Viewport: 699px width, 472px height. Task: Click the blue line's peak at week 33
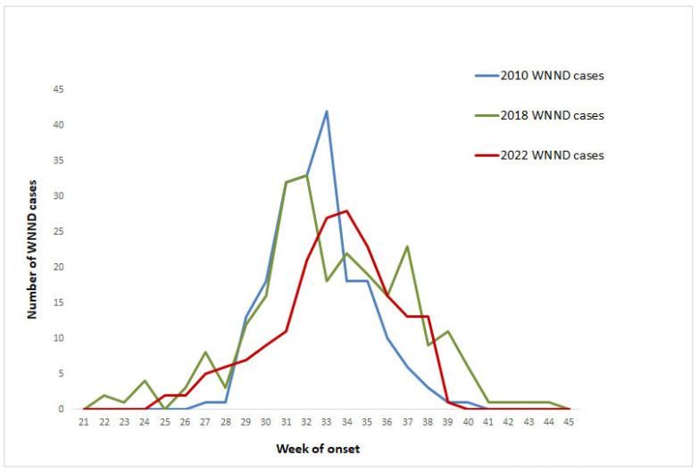coord(327,112)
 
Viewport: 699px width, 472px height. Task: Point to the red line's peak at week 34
coord(346,211)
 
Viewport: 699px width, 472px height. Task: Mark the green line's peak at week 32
coord(306,175)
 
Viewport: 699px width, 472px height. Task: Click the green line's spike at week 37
coord(407,246)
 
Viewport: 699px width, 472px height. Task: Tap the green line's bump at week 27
coord(205,352)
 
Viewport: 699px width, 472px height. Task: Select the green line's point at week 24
coord(145,381)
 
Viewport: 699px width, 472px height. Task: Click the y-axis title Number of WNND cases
coord(32,249)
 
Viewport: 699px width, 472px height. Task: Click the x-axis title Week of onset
coord(318,449)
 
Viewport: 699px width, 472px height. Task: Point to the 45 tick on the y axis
coord(59,89)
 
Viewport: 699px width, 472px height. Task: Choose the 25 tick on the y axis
coord(59,231)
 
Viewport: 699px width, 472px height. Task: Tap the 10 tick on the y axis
coord(59,338)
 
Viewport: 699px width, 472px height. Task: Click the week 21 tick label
coord(84,423)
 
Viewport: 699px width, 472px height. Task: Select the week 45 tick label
coord(569,423)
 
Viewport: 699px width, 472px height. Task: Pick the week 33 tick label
coord(327,423)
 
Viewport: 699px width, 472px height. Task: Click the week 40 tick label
coord(468,423)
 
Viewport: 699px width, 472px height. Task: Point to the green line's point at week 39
coord(448,331)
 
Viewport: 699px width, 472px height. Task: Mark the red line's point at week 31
coord(286,331)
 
